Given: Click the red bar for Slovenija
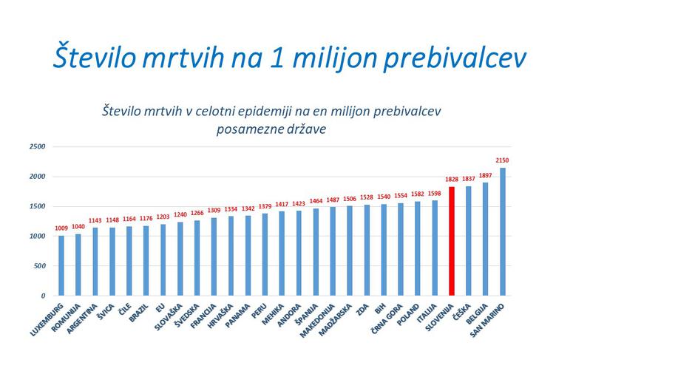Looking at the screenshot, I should (x=452, y=241).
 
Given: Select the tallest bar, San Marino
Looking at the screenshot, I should (x=503, y=231).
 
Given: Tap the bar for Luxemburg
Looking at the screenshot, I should (x=61, y=265).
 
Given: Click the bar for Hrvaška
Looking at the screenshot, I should (x=231, y=256).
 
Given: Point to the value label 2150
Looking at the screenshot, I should (x=503, y=160).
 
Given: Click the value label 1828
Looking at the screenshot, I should (x=452, y=180).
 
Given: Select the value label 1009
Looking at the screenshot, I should (x=61, y=228).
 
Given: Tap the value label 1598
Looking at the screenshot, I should (x=435, y=194).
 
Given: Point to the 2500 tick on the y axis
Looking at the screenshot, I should (x=37, y=147).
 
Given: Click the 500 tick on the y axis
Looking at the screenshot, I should (x=39, y=266).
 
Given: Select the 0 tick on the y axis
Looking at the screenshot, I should (x=43, y=296).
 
